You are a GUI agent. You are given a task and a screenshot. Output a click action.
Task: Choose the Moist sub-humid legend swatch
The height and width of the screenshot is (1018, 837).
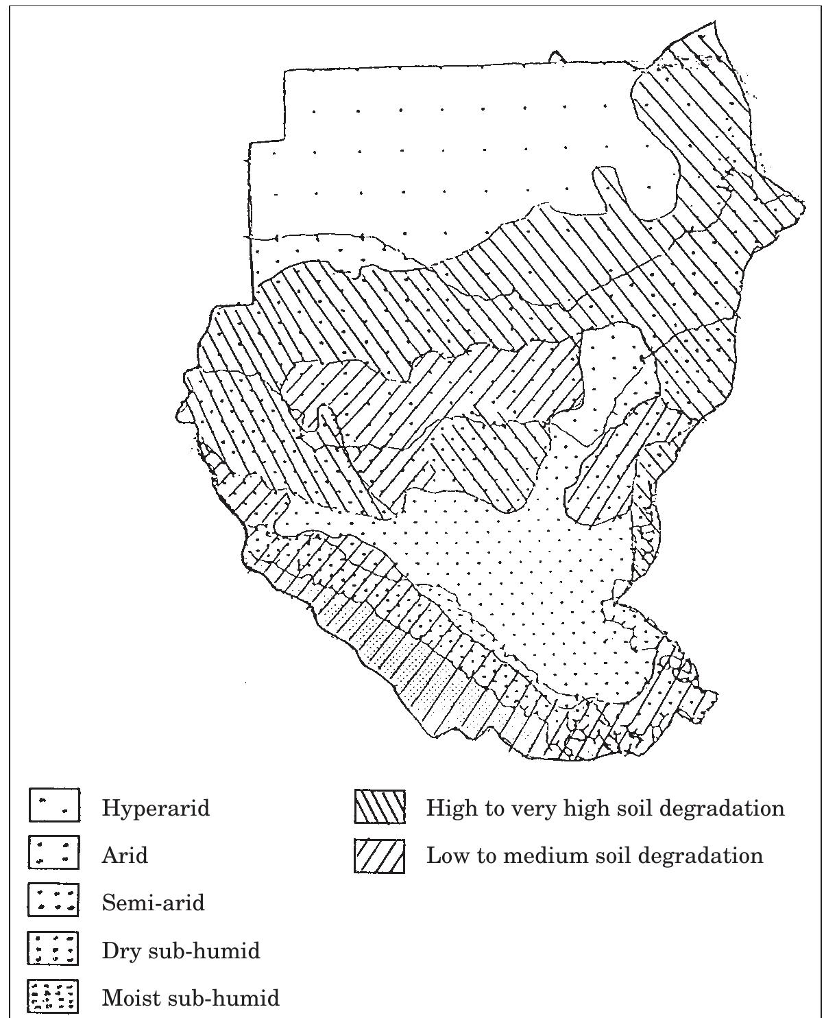55,996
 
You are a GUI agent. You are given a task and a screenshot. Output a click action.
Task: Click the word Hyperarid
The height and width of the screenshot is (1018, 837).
156,809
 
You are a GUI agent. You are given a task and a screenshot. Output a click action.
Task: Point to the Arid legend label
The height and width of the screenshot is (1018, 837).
125,855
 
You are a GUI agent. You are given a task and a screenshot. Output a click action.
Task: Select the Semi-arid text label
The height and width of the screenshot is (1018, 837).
153,902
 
